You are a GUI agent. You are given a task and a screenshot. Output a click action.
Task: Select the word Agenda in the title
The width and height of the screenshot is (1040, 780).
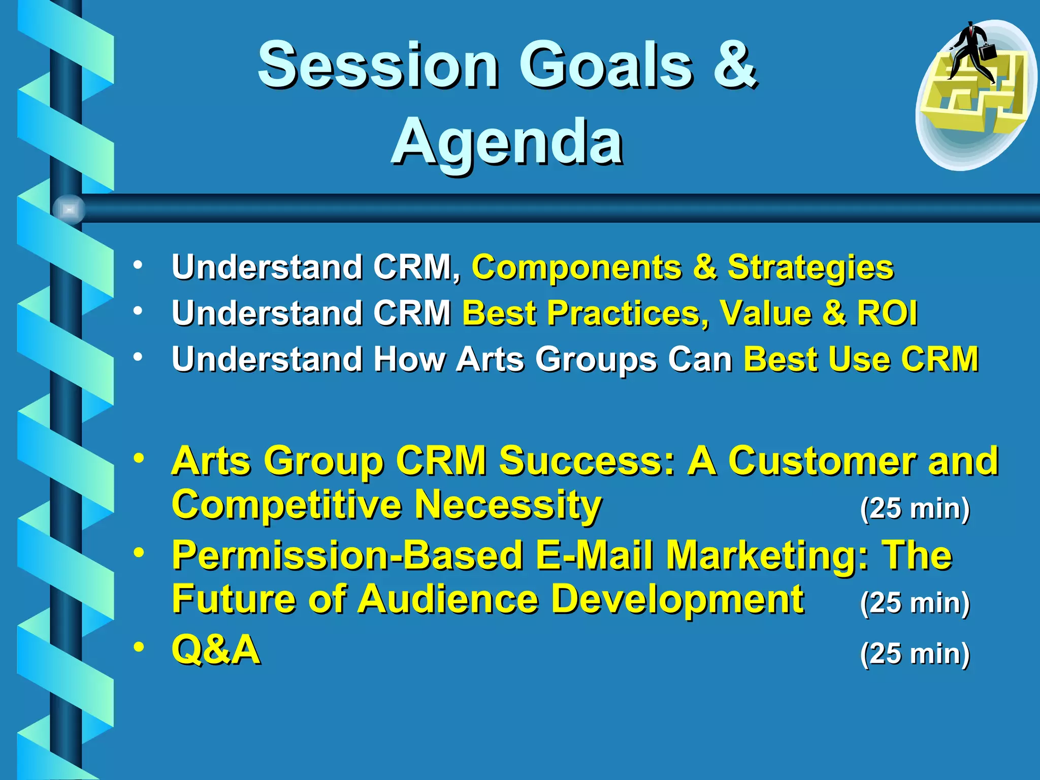[x=507, y=142]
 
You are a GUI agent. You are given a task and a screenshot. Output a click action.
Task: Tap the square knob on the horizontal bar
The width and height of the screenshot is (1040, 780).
[x=69, y=209]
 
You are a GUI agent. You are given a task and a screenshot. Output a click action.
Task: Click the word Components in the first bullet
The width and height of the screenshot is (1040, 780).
[x=576, y=267]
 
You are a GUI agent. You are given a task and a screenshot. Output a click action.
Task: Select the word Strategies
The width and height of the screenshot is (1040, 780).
[x=810, y=268]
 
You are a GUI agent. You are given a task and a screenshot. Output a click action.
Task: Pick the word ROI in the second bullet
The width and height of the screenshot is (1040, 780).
[x=887, y=313]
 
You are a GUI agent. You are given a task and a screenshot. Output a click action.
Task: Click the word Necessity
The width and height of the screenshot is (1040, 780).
[x=508, y=505]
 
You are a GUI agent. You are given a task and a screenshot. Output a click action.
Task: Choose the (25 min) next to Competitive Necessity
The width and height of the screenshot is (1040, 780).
[x=915, y=509]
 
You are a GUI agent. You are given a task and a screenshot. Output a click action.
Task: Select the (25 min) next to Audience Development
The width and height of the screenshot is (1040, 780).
[x=915, y=603]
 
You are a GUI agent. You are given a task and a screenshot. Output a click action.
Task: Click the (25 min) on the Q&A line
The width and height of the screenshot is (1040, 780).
[x=915, y=654]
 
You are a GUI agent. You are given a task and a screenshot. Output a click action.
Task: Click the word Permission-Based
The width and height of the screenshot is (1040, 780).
[x=348, y=556]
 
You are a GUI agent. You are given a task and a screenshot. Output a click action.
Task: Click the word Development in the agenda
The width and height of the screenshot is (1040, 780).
[x=677, y=599]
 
